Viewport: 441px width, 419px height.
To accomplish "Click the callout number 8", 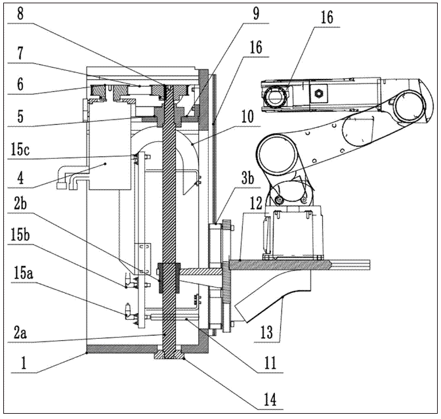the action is pyautogui.click(x=20, y=14).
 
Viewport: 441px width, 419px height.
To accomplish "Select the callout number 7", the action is pyautogui.click(x=20, y=53).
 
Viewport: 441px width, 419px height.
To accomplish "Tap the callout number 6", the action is pyautogui.click(x=20, y=84).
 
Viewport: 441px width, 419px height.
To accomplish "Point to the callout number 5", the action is pyautogui.click(x=20, y=116).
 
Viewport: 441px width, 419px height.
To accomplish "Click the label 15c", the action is pyautogui.click(x=20, y=149).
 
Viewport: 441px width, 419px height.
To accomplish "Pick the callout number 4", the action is pyautogui.click(x=20, y=178).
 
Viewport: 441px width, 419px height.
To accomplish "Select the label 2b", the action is pyautogui.click(x=20, y=204).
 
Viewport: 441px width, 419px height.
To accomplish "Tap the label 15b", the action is pyautogui.click(x=20, y=235).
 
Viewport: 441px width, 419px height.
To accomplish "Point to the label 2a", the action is pyautogui.click(x=20, y=334).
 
